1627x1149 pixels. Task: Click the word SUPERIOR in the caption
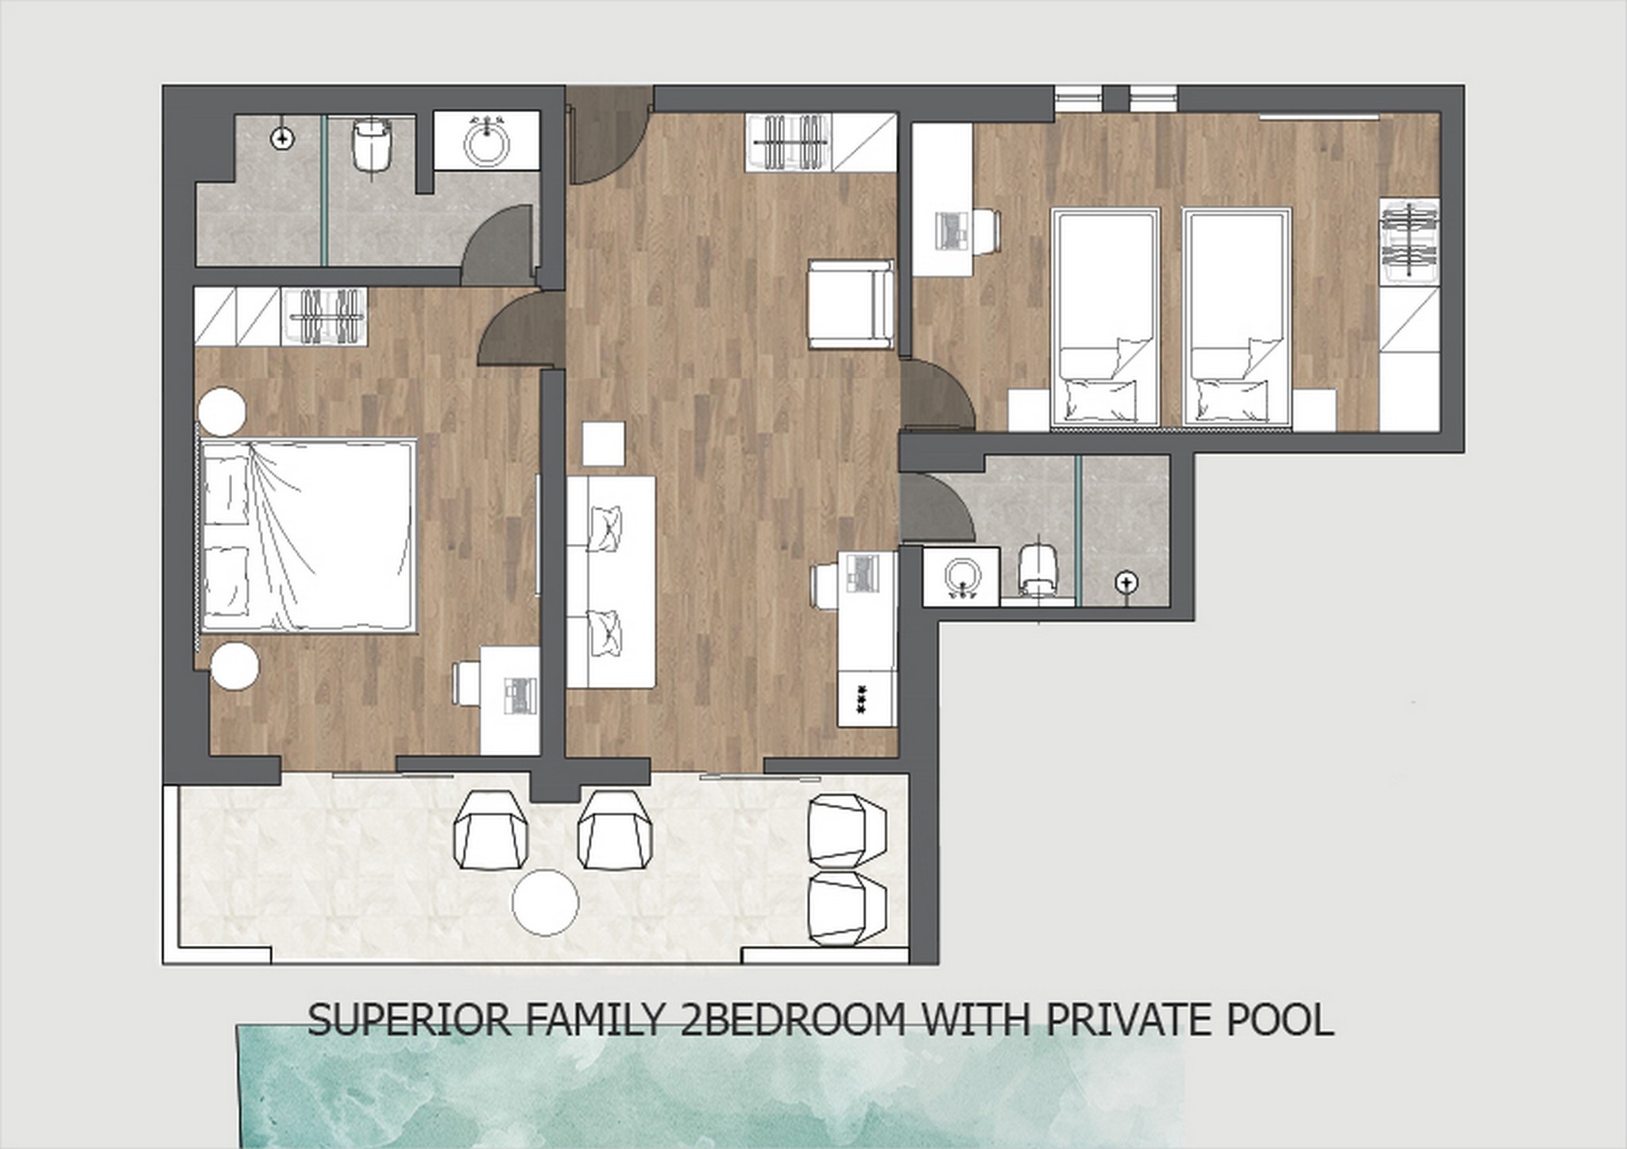point(408,1020)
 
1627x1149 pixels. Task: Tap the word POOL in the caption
point(1280,1020)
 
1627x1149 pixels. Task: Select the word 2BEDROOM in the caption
point(793,1020)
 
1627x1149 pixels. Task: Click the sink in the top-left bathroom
point(486,141)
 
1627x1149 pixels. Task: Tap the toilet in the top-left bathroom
point(371,145)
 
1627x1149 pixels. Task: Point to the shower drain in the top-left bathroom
point(282,139)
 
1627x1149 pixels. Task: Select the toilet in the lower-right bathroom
point(1039,569)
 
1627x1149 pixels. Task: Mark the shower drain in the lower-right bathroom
point(1126,583)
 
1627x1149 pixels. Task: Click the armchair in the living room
point(849,303)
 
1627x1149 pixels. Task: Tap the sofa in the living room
point(610,581)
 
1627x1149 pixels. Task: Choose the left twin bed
point(1105,318)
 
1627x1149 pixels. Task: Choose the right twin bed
point(1236,318)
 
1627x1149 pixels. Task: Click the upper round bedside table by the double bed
point(222,411)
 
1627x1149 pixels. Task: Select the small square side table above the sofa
point(603,444)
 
